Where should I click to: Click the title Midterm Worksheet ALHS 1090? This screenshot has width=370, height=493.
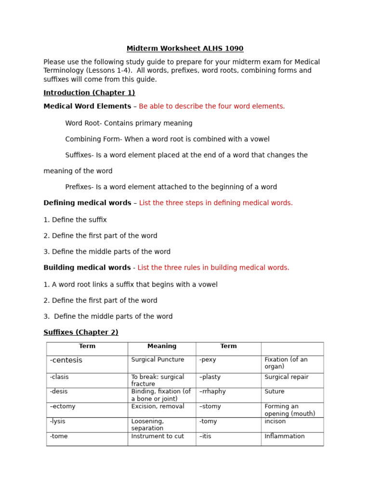click(185, 49)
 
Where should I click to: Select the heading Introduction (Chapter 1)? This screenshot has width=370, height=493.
click(89, 93)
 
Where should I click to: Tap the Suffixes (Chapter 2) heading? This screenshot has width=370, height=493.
click(81, 332)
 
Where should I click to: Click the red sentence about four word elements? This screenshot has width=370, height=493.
click(211, 106)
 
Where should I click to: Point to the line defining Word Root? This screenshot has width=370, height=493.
click(129, 123)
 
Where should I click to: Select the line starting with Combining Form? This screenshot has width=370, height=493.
click(167, 139)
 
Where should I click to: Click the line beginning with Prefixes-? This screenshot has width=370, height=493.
click(171, 187)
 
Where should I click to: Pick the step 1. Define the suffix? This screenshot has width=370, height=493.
click(75, 220)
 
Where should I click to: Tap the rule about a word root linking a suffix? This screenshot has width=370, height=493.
click(131, 285)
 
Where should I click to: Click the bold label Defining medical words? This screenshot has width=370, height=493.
click(87, 203)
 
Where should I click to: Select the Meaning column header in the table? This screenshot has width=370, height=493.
click(162, 346)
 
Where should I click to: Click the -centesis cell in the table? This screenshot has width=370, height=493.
click(66, 360)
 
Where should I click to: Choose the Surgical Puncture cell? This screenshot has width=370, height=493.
click(158, 360)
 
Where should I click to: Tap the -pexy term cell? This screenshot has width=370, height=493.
click(208, 360)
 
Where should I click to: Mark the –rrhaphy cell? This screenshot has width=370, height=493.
click(212, 391)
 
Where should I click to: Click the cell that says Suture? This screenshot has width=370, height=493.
click(274, 391)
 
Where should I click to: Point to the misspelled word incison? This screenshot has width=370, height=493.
click(275, 421)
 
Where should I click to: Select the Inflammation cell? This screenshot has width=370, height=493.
click(284, 436)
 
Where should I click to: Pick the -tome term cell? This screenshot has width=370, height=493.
click(59, 436)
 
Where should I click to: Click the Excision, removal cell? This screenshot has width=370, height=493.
click(158, 406)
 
